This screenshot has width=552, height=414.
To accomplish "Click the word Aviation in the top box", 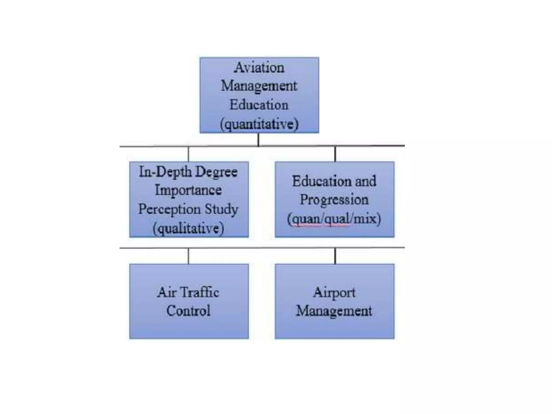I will point(259,67).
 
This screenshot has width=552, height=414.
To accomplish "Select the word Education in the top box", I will point(259,105).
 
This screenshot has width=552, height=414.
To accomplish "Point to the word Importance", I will point(188,190).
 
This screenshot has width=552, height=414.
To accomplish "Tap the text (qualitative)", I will point(188,228).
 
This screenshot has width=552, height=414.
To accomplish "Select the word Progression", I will point(334,200).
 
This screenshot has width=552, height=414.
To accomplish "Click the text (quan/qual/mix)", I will point(334,219).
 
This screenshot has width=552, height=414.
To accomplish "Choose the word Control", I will point(188,311).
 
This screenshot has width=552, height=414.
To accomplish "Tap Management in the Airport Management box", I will point(334,311).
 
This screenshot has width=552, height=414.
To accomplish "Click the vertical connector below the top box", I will point(258,140).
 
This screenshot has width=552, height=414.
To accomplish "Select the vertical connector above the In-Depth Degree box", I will point(188,154).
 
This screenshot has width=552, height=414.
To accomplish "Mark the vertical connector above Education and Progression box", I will point(335,154).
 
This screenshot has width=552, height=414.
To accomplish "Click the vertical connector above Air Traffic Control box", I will point(188,256).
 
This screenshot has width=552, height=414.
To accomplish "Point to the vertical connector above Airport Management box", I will point(335,256).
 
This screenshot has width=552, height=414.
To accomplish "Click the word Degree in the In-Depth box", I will point(216,172).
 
